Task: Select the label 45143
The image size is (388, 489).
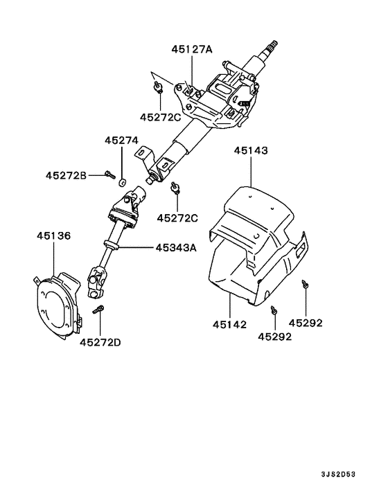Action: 251,150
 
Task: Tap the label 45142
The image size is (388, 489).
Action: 229,323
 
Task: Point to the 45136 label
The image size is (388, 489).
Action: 53,236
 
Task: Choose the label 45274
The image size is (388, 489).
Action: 122,140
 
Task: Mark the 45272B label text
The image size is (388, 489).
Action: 67,175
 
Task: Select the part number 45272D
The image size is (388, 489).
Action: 100,341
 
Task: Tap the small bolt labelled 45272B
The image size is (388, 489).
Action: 109,175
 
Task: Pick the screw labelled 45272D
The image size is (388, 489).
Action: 100,310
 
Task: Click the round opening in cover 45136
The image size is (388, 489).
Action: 56,305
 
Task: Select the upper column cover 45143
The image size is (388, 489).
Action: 256,208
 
